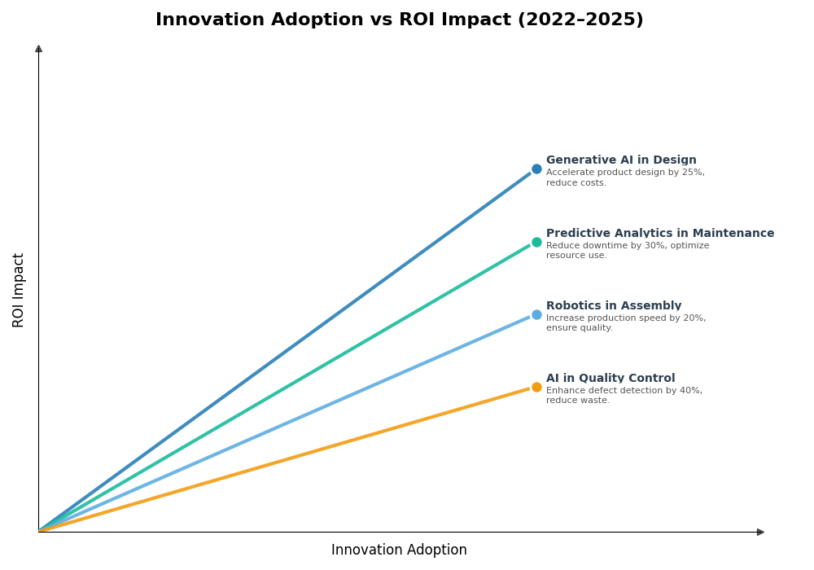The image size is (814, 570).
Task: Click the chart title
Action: (399, 20)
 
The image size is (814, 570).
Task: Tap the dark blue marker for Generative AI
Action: (536, 169)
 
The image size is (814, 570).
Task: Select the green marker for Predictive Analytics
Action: (536, 242)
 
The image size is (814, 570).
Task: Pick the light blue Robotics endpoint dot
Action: (536, 314)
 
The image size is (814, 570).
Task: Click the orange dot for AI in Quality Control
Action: (536, 387)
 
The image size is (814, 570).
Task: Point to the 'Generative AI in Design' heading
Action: (621, 160)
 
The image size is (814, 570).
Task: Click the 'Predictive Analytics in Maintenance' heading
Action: (660, 234)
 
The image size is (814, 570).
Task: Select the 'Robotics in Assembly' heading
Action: (614, 306)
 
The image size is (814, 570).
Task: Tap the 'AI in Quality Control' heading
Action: (610, 379)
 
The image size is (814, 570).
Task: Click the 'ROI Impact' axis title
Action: (19, 290)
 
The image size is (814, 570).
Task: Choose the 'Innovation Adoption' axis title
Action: (399, 550)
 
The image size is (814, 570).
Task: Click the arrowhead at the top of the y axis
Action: (38, 49)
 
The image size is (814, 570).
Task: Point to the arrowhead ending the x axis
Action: (760, 532)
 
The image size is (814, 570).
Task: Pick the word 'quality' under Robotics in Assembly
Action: (594, 328)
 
